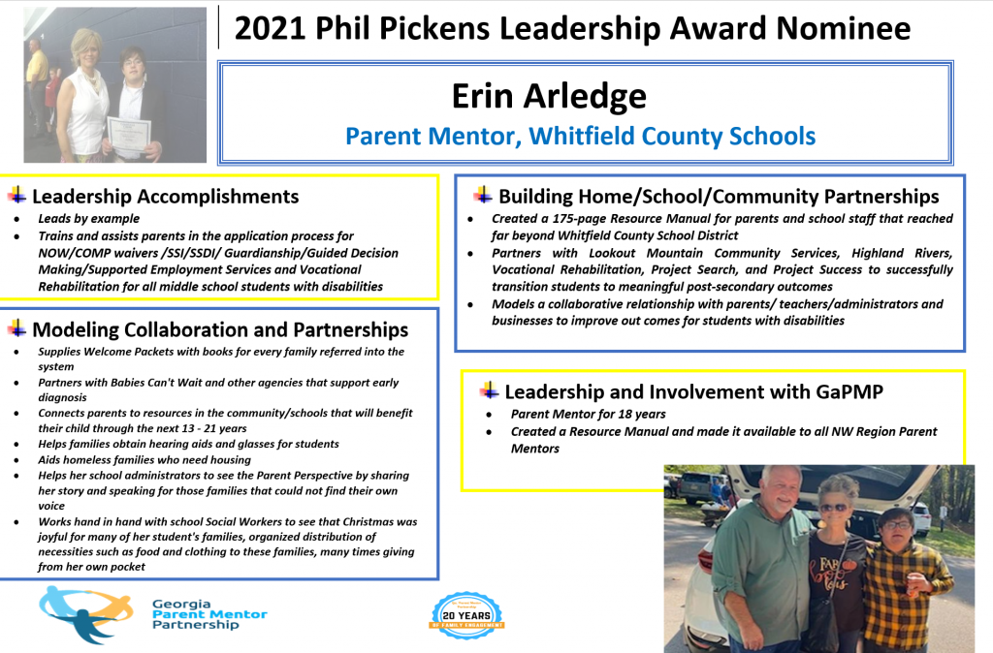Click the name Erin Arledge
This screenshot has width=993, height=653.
coord(549,96)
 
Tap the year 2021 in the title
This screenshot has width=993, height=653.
coord(270,28)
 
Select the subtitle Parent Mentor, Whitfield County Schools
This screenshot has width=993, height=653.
coord(580,136)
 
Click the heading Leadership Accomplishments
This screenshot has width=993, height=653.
coord(165,197)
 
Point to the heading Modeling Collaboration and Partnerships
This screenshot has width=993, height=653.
coord(220,329)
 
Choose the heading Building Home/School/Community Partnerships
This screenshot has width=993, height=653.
coord(719,197)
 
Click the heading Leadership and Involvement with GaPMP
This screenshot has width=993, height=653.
coord(694,392)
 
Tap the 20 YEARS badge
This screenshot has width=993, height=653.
coord(466,615)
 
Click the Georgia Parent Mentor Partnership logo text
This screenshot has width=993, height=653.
coord(209,614)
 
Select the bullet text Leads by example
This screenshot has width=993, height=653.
coord(88,219)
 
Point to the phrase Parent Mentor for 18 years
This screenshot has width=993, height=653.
coord(589,415)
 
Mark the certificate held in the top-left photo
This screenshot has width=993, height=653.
coord(129,135)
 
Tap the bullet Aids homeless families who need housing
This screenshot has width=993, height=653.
coord(144,460)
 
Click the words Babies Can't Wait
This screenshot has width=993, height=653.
coord(156,383)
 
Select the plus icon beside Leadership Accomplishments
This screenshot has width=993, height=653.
coord(17,196)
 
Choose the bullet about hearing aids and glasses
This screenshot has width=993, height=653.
coord(188,444)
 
